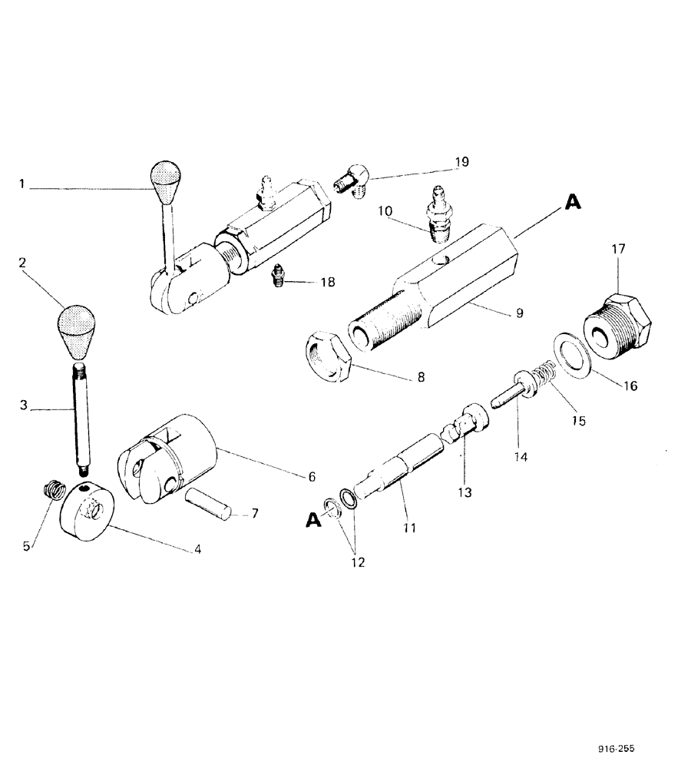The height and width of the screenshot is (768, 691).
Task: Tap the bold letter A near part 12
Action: tap(312, 521)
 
